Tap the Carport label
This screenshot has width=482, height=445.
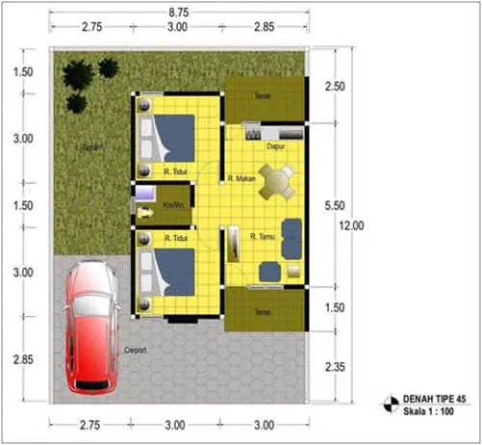pyautogui.click(x=136, y=351)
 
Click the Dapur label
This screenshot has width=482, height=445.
pyautogui.click(x=277, y=146)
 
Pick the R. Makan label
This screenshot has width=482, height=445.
pyautogui.click(x=241, y=178)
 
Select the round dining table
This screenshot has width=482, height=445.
pyautogui.click(x=278, y=179)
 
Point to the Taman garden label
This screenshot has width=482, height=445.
pyautogui.click(x=93, y=147)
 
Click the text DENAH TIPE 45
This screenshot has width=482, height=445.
pyautogui.click(x=433, y=399)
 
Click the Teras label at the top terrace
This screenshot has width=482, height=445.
pyautogui.click(x=263, y=95)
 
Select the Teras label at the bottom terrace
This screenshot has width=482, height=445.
pyautogui.click(x=263, y=310)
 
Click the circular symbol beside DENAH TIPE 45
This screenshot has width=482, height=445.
pyautogui.click(x=392, y=405)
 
